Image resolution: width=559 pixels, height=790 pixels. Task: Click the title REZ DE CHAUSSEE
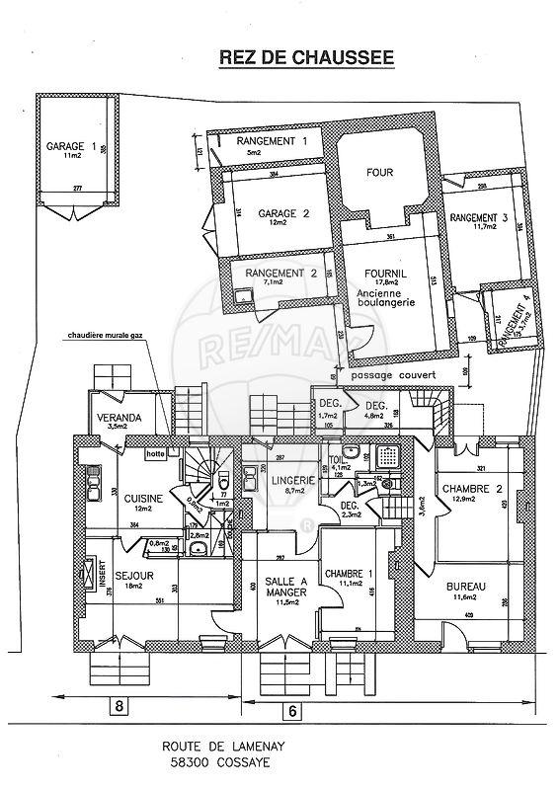click(x=306, y=59)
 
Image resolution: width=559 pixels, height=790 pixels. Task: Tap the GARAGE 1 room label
click(x=71, y=147)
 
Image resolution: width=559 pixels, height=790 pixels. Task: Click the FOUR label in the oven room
click(x=379, y=172)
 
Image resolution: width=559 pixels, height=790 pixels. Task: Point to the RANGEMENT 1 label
click(x=271, y=142)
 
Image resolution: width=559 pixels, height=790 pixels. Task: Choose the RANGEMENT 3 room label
click(x=478, y=217)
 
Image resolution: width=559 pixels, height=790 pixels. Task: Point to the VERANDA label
click(x=118, y=418)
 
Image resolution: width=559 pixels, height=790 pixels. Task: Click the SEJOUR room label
click(x=131, y=572)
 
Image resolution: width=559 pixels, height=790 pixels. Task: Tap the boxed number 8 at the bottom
click(x=120, y=706)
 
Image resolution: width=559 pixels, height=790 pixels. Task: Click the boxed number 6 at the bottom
click(x=292, y=710)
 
